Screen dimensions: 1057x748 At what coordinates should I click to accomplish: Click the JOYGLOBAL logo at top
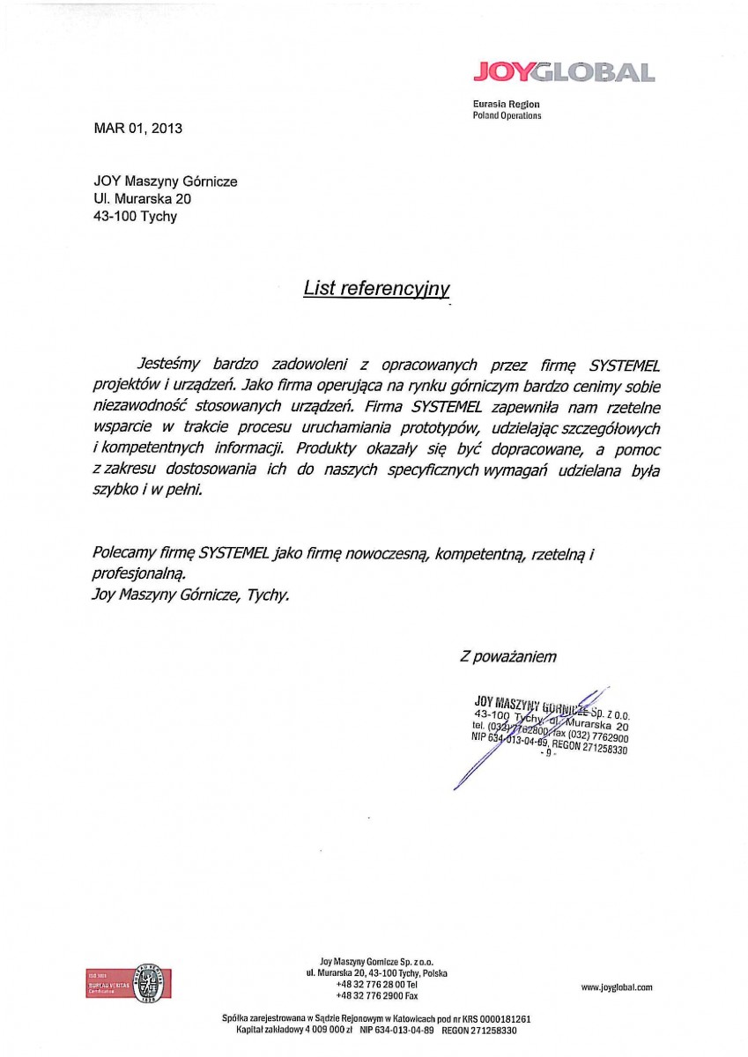pyautogui.click(x=564, y=72)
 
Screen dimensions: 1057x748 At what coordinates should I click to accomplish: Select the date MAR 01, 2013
pyautogui.click(x=137, y=128)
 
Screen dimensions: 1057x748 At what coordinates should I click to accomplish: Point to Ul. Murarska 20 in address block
pyautogui.click(x=142, y=199)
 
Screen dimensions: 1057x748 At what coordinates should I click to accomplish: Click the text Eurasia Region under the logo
pyautogui.click(x=506, y=104)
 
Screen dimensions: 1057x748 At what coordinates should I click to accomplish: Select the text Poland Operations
pyautogui.click(x=507, y=115)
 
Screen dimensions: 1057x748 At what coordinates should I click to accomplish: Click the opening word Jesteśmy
pyautogui.click(x=170, y=364)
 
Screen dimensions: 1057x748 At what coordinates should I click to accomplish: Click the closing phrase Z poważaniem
pyautogui.click(x=508, y=656)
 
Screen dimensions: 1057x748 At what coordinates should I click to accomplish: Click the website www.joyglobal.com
pyautogui.click(x=617, y=988)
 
